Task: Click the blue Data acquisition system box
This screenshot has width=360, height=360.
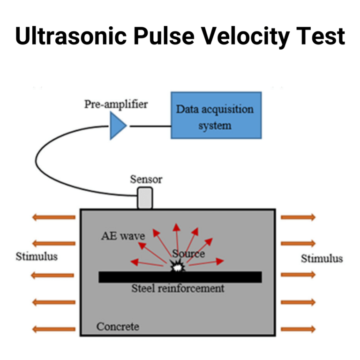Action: pos(216,115)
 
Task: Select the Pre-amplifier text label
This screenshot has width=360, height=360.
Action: pos(116,104)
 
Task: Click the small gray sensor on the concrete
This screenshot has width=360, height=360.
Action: pos(145,198)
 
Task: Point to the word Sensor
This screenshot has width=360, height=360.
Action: pos(146,179)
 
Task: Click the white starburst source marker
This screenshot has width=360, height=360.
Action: pos(177,268)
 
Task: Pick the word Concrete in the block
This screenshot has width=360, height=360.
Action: pos(118,326)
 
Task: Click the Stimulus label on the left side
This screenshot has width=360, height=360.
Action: pos(37,256)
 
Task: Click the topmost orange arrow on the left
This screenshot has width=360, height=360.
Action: pos(53,217)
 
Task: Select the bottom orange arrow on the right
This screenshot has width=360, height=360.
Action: pos(298,329)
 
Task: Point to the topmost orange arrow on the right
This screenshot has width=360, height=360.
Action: pos(298,217)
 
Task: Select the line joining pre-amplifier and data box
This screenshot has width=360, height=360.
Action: pos(150,127)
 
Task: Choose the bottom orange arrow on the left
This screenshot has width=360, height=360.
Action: pos(53,329)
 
